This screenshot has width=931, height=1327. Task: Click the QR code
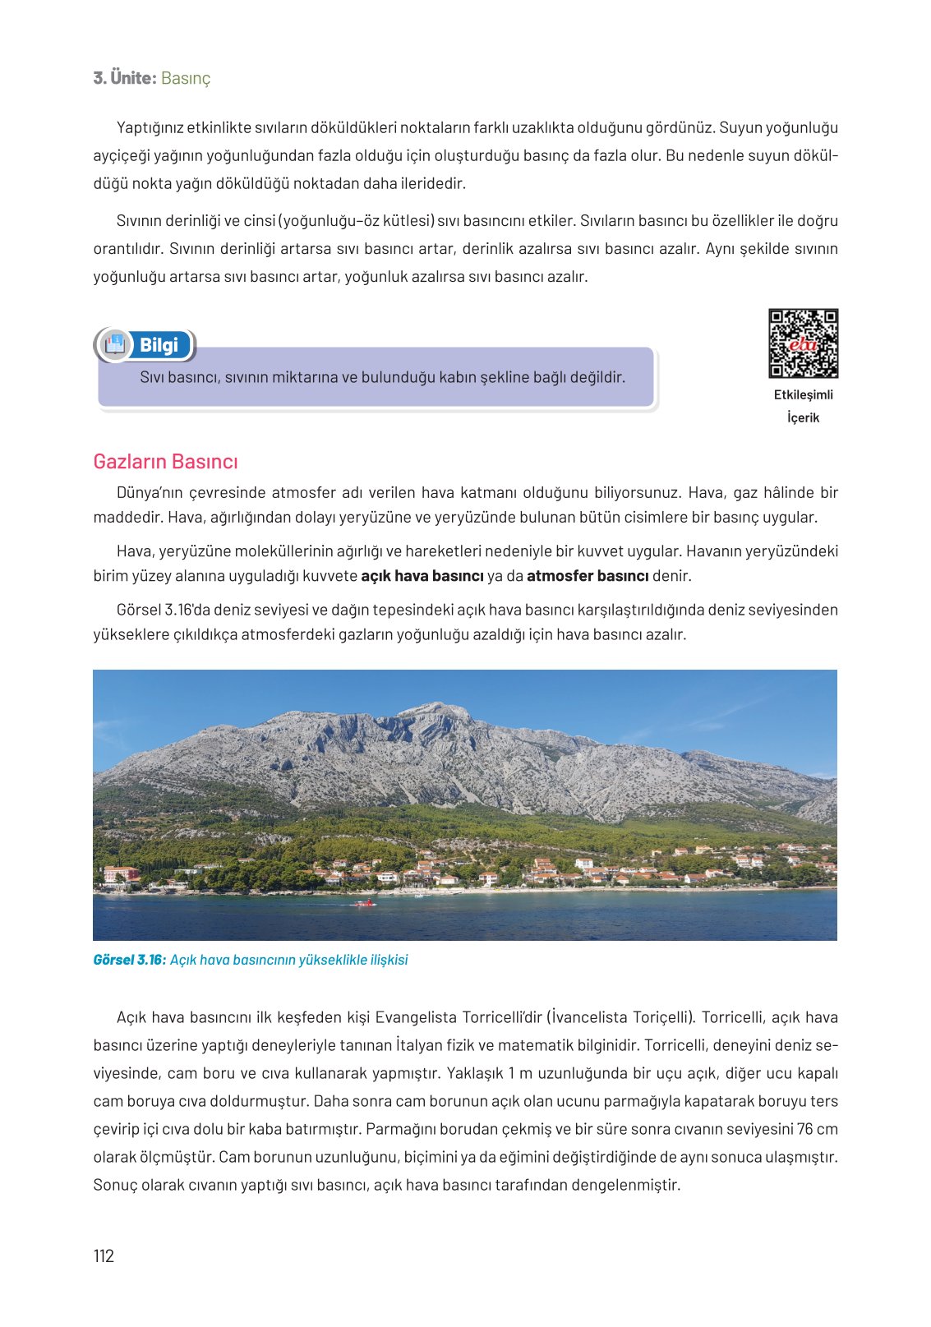[x=803, y=343]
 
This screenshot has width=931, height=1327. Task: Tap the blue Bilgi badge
[x=159, y=345]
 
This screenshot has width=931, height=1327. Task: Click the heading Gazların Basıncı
[x=165, y=462]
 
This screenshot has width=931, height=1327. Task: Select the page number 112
[x=104, y=1256]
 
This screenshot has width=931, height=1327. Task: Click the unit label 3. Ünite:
[x=124, y=78]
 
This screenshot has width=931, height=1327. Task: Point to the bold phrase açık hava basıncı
[x=422, y=576]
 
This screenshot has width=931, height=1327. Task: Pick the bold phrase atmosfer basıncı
[x=588, y=576]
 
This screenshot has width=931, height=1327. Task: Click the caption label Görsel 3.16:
[x=130, y=960]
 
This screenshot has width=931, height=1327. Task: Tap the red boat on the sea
[x=364, y=903]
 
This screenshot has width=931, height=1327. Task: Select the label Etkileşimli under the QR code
[x=803, y=394]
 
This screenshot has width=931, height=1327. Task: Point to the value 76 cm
[x=817, y=1129]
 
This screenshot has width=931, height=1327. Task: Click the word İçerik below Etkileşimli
[x=803, y=417]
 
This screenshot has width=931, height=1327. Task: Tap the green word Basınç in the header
[x=186, y=78]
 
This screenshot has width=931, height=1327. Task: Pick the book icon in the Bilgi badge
[x=115, y=344]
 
